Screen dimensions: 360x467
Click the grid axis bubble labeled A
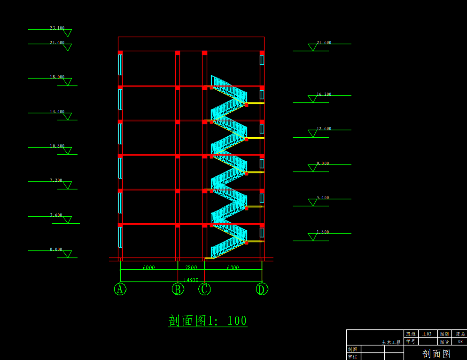pyautogui.click(x=120, y=289)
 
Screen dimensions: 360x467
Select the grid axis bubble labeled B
pyautogui.click(x=178, y=289)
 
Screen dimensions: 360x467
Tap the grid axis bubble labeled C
pyautogui.click(x=204, y=289)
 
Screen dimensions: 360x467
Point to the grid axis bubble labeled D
pyautogui.click(x=262, y=289)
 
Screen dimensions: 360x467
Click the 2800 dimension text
pyautogui.click(x=191, y=267)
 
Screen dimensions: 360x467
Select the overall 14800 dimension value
pyautogui.click(x=191, y=280)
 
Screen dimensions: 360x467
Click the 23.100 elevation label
pyautogui.click(x=57, y=28)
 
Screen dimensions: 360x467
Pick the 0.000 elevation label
pyautogui.click(x=56, y=250)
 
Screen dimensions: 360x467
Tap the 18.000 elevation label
pyautogui.click(x=57, y=77)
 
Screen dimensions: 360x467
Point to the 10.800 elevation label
pyautogui.click(x=57, y=146)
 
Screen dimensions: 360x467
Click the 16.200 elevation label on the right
pyautogui.click(x=324, y=94)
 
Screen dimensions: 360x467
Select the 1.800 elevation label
pyautogui.click(x=323, y=232)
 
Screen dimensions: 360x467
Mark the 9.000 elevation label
pyautogui.click(x=323, y=164)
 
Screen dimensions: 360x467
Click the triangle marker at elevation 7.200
pyautogui.click(x=67, y=185)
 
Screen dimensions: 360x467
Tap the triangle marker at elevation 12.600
pyautogui.click(x=312, y=133)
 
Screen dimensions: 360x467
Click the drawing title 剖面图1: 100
pyautogui.click(x=208, y=321)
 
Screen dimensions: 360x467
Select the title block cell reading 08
pyautogui.click(x=460, y=342)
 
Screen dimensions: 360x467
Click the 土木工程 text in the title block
pyautogui.click(x=391, y=342)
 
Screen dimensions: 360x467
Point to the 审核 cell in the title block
pyautogui.click(x=352, y=357)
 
